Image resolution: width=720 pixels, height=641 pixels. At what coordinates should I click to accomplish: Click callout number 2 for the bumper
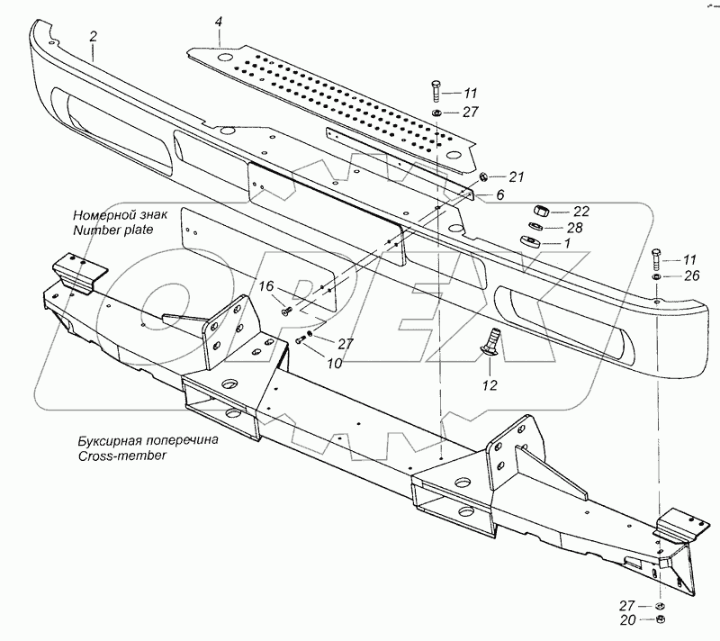coord(94,37)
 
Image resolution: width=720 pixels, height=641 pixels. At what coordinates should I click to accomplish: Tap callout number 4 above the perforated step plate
coord(219,22)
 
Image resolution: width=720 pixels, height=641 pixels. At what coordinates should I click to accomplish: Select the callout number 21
coord(517,176)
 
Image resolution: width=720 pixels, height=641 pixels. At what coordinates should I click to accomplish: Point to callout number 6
coord(500,194)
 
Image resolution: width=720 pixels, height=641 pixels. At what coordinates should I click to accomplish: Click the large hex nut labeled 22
coord(541,212)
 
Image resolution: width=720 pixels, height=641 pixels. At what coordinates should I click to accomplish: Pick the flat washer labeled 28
coord(535,227)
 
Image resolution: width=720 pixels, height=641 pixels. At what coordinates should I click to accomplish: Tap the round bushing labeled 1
coord(529,241)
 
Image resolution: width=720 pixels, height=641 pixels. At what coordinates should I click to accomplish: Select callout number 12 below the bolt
coord(490,384)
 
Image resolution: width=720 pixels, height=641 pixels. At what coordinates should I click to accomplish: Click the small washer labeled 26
coord(657,276)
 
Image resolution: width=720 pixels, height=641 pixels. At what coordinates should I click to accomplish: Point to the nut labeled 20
coord(660,619)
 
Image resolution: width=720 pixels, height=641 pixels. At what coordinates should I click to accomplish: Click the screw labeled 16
coord(286,311)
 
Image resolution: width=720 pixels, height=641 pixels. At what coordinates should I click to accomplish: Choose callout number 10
coord(334,363)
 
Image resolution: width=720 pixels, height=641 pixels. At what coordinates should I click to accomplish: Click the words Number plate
coord(113,230)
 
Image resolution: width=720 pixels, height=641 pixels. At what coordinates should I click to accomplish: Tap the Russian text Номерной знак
coord(121,215)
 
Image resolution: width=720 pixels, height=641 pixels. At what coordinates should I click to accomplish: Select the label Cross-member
coord(121,456)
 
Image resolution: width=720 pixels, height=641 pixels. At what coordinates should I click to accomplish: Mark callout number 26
coord(691,275)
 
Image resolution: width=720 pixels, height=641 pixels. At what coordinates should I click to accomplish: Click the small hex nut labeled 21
coord(482,176)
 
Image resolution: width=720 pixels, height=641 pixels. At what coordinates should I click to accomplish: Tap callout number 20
coord(627,620)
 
